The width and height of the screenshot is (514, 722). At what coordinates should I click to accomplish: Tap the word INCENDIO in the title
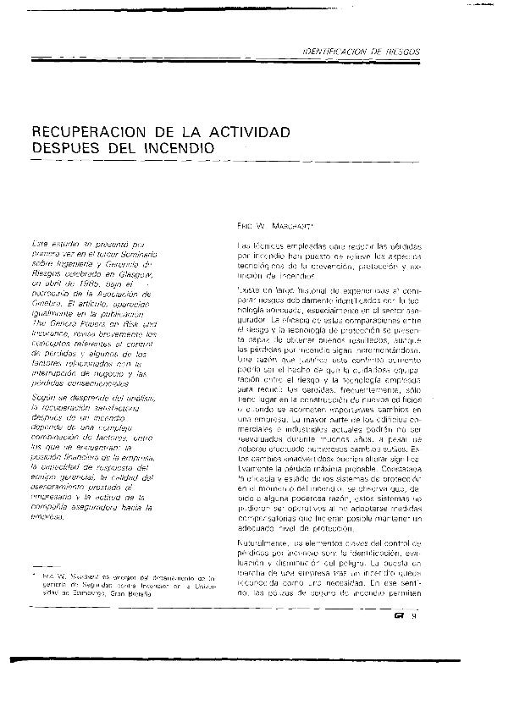173,149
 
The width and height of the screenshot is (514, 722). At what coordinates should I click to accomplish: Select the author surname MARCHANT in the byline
292,227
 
